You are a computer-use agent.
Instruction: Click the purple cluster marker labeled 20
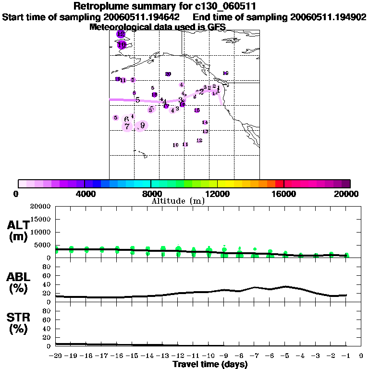pos(168,74)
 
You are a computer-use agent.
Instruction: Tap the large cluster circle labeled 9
pos(142,125)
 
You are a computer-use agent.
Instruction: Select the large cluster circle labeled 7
pos(127,126)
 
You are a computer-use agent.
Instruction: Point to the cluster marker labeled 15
pos(197,111)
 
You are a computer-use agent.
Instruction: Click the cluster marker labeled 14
pos(205,123)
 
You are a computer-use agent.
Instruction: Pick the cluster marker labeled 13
pos(205,131)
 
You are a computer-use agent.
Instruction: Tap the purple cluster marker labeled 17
pos(166,106)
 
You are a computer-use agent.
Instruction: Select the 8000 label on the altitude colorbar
pos(151,194)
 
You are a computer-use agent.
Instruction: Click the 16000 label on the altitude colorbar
pos(284,194)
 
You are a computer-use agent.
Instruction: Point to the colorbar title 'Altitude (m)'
pos(178,201)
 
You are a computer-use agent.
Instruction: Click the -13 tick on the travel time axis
pos(162,356)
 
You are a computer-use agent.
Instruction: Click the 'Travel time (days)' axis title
pos(210,365)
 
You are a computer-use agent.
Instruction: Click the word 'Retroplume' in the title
pos(98,7)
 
